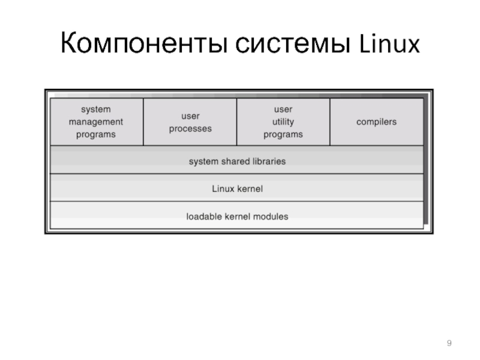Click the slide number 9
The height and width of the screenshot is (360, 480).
tap(449, 343)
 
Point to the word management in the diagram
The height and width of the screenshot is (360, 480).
tap(96, 122)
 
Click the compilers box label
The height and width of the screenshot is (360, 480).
tap(376, 122)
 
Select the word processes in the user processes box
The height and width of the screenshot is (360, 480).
tap(190, 128)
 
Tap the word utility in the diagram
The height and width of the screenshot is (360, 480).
tap(283, 122)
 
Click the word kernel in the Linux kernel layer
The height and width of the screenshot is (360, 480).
tap(250, 188)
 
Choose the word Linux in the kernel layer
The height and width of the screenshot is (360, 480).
tap(223, 188)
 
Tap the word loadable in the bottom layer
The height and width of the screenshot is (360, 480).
tap(204, 216)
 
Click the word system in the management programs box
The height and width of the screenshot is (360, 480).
tap(96, 110)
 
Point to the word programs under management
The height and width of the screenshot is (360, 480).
tap(96, 134)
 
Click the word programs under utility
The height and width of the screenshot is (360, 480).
tap(283, 134)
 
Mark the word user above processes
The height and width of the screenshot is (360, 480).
tap(190, 116)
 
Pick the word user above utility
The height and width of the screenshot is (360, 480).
tap(283, 110)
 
